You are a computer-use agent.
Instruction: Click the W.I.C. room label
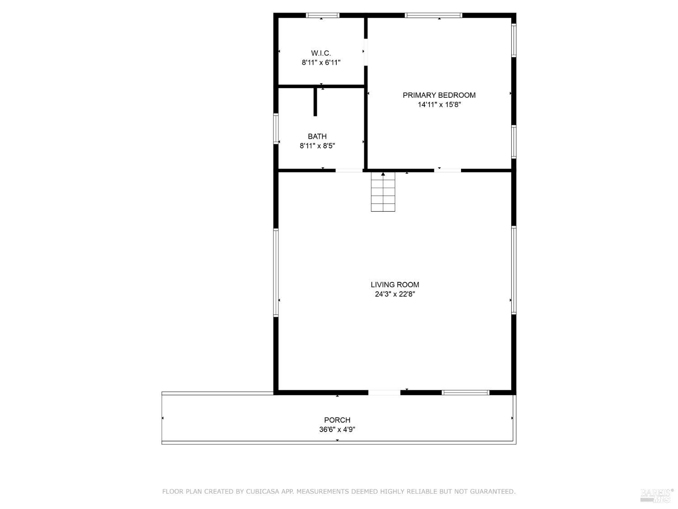coord(320,53)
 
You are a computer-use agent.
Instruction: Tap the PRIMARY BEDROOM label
coord(439,95)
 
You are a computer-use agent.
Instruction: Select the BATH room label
coord(317,136)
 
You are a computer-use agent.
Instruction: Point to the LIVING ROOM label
coord(395,285)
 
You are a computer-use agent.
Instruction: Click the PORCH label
coord(337,420)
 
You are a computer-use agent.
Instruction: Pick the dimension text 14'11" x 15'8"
coord(439,105)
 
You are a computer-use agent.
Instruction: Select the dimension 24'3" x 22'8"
coord(395,294)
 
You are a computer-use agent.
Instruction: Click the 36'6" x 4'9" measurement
coord(337,429)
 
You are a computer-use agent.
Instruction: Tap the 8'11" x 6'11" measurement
coord(321,62)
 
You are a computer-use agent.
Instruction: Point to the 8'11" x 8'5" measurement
coord(317,146)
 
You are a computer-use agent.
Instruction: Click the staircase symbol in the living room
coord(383,192)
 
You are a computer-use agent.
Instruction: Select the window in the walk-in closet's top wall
coord(322,15)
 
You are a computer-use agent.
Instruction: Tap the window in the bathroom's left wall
coord(276,128)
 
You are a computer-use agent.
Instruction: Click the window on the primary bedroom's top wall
coord(433,15)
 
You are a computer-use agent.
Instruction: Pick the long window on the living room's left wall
coord(276,272)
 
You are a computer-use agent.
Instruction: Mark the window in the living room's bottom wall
coord(465,392)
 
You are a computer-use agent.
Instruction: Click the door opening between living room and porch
coord(384,392)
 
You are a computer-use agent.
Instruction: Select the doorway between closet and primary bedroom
coord(365,52)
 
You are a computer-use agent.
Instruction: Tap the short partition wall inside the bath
coord(315,102)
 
